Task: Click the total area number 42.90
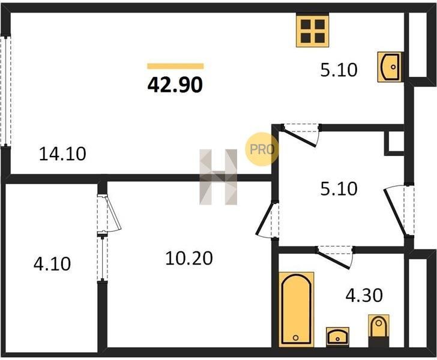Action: click(x=175, y=85)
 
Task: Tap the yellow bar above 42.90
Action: click(x=175, y=66)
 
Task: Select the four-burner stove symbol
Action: click(x=312, y=31)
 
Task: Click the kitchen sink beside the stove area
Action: click(x=390, y=67)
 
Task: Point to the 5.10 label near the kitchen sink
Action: click(x=339, y=70)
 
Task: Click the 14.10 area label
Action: click(x=62, y=154)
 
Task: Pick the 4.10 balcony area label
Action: click(x=52, y=264)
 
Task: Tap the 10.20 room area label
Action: click(x=189, y=258)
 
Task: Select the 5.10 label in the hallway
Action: click(x=339, y=189)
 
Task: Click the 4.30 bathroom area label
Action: click(x=364, y=295)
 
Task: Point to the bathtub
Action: click(x=297, y=309)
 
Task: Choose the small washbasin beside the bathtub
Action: click(x=337, y=337)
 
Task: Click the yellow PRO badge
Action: click(x=262, y=149)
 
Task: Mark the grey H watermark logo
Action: click(x=218, y=177)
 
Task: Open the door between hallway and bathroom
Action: click(x=335, y=257)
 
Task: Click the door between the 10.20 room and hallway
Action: click(x=268, y=220)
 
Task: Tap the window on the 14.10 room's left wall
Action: click(x=5, y=91)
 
